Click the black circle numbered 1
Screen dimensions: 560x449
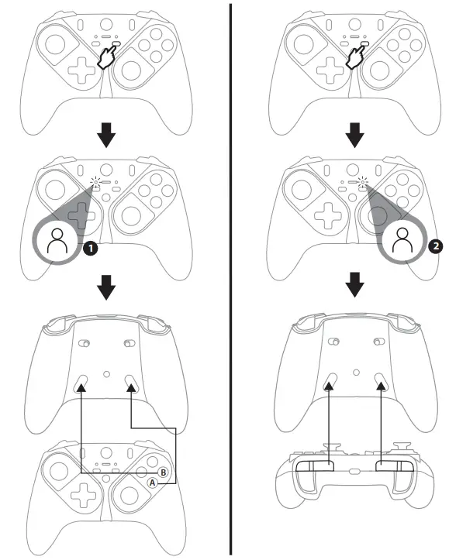[90, 249]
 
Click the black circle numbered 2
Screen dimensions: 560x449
[436, 246]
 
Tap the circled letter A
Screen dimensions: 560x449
[152, 482]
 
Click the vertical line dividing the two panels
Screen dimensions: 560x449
[230, 279]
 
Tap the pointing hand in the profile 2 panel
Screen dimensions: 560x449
[358, 57]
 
